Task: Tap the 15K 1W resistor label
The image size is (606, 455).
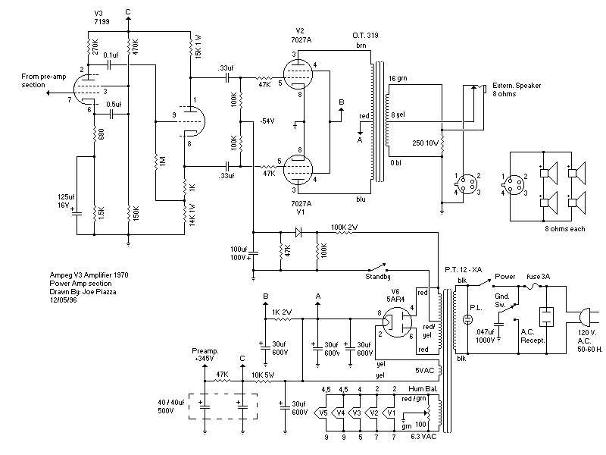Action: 198,46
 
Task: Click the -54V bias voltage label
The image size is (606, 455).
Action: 266,121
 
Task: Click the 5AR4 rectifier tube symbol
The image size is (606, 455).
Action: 395,325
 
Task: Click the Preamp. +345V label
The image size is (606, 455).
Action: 204,355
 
